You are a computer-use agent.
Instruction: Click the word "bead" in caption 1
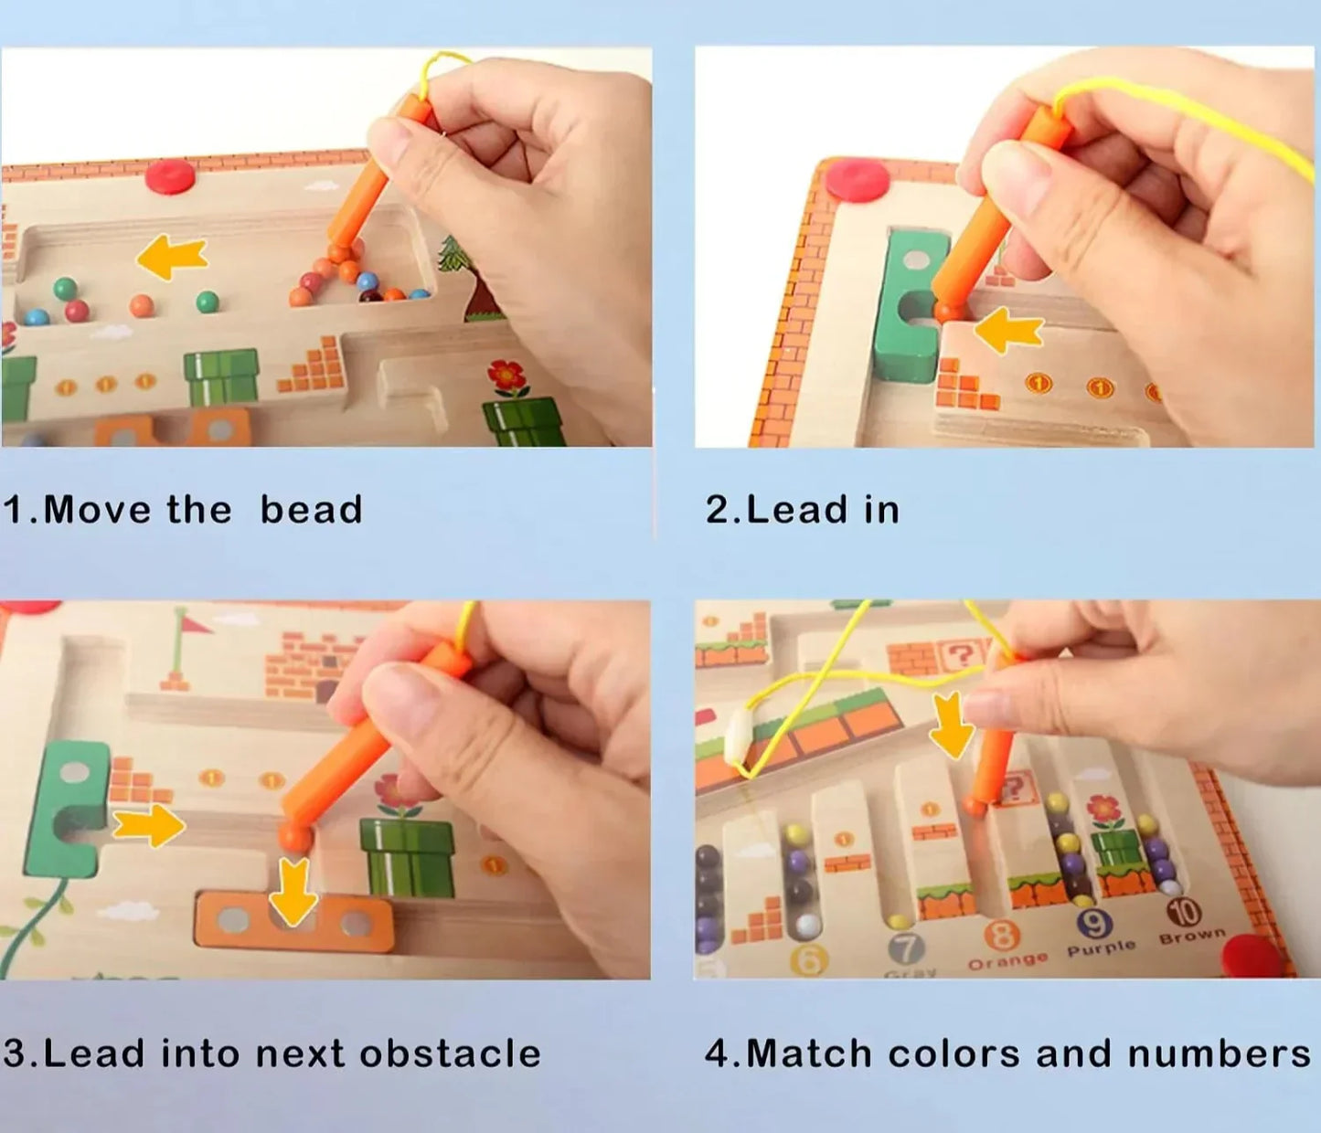(311, 510)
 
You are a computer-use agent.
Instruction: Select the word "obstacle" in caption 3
(450, 1054)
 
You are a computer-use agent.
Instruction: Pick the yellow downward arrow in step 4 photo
(952, 725)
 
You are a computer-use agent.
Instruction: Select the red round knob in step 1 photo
(170, 175)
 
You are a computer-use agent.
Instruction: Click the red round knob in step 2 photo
(858, 179)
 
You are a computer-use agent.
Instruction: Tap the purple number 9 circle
(1094, 924)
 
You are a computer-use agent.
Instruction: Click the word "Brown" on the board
(1192, 936)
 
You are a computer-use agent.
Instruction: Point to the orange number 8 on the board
(1002, 935)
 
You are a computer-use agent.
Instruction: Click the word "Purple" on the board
(1101, 948)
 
